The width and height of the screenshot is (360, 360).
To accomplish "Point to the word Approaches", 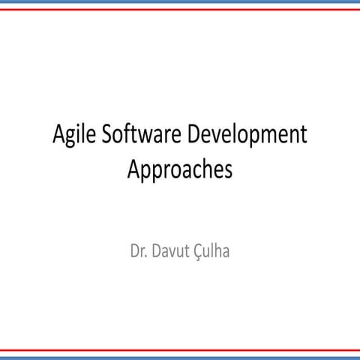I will pyautogui.click(x=180, y=169).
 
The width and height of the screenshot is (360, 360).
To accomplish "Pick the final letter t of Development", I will pyautogui.click(x=304, y=136).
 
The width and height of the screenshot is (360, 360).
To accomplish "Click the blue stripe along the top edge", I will pyautogui.click(x=180, y=3).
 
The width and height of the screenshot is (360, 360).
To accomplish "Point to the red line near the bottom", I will pyautogui.click(x=180, y=349).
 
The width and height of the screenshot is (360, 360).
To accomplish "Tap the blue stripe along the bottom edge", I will pyautogui.click(x=180, y=357).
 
